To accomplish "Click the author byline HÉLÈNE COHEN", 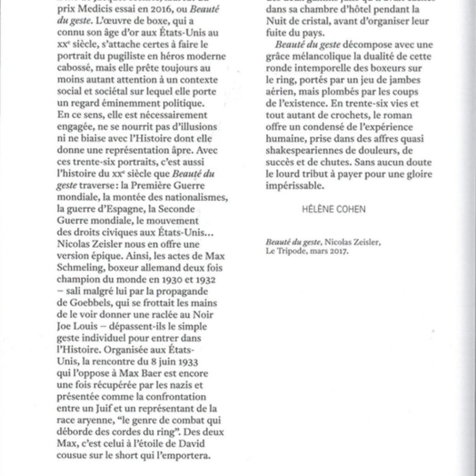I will (334, 209).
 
